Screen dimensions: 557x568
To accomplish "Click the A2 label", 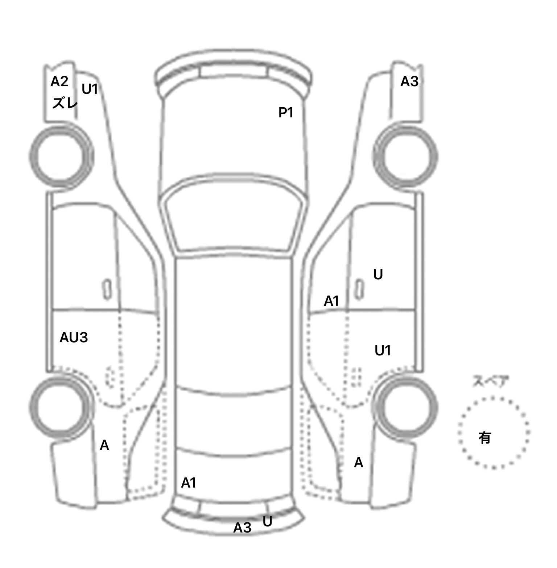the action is [59, 82].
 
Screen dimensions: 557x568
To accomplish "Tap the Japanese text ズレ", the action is [65, 103].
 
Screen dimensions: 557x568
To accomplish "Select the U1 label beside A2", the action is [90, 89].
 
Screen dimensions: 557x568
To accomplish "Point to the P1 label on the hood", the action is [286, 113].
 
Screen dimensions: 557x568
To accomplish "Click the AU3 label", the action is [74, 338].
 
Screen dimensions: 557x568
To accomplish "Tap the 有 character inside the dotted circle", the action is [484, 438].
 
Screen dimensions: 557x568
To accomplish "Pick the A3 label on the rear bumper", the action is [242, 527].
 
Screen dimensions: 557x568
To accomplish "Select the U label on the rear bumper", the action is [267, 521].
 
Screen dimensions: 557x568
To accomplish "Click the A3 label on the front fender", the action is [409, 82].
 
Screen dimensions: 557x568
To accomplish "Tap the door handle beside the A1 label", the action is [359, 290].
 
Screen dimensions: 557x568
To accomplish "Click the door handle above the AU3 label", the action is [107, 290].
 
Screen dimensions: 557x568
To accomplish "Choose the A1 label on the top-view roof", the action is [189, 483].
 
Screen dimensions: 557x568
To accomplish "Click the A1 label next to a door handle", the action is [331, 301].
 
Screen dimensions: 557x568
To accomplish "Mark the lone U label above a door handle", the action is [378, 275].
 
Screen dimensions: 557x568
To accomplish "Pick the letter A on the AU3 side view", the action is [104, 445].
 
